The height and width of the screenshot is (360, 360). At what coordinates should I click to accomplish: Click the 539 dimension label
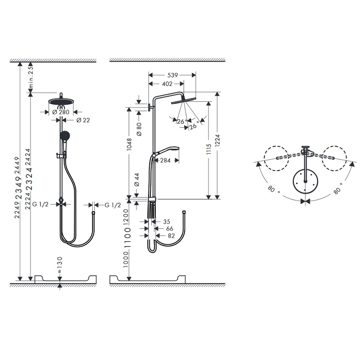pyautogui.click(x=172, y=75)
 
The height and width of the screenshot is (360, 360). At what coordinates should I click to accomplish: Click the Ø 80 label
pyautogui.click(x=139, y=129)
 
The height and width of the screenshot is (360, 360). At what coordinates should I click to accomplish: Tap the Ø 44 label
pyautogui.click(x=139, y=180)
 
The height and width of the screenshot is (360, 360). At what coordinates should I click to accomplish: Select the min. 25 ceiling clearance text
pyautogui.click(x=31, y=77)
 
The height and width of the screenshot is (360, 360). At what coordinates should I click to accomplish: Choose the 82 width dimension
pyautogui.click(x=171, y=236)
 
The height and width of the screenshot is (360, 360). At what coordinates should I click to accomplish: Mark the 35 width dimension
pyautogui.click(x=166, y=221)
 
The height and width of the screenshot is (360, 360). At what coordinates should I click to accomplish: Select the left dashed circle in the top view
pyautogui.click(x=276, y=158)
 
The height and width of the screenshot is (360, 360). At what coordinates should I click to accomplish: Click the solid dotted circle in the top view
pyautogui.click(x=306, y=182)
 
